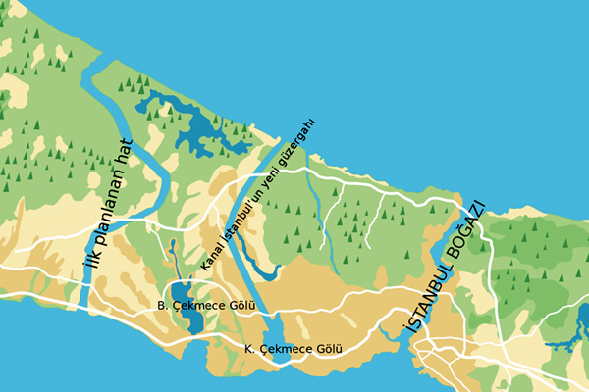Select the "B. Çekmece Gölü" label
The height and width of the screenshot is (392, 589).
pyautogui.click(x=205, y=307)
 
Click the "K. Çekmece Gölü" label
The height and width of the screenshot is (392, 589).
pyautogui.click(x=292, y=349)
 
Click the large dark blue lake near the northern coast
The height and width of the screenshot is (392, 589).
pyautogui.click(x=191, y=122)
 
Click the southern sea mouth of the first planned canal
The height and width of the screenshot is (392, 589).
pyautogui.click(x=84, y=305)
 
